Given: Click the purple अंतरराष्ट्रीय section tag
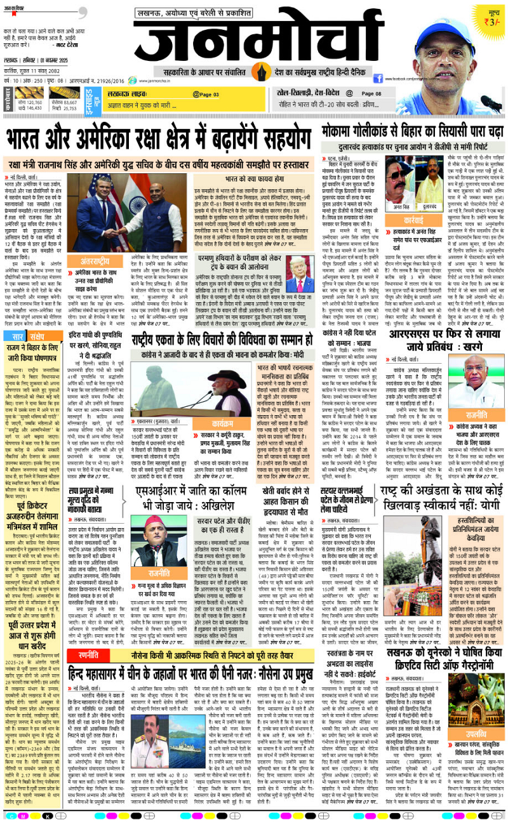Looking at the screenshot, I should coord(97,260).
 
